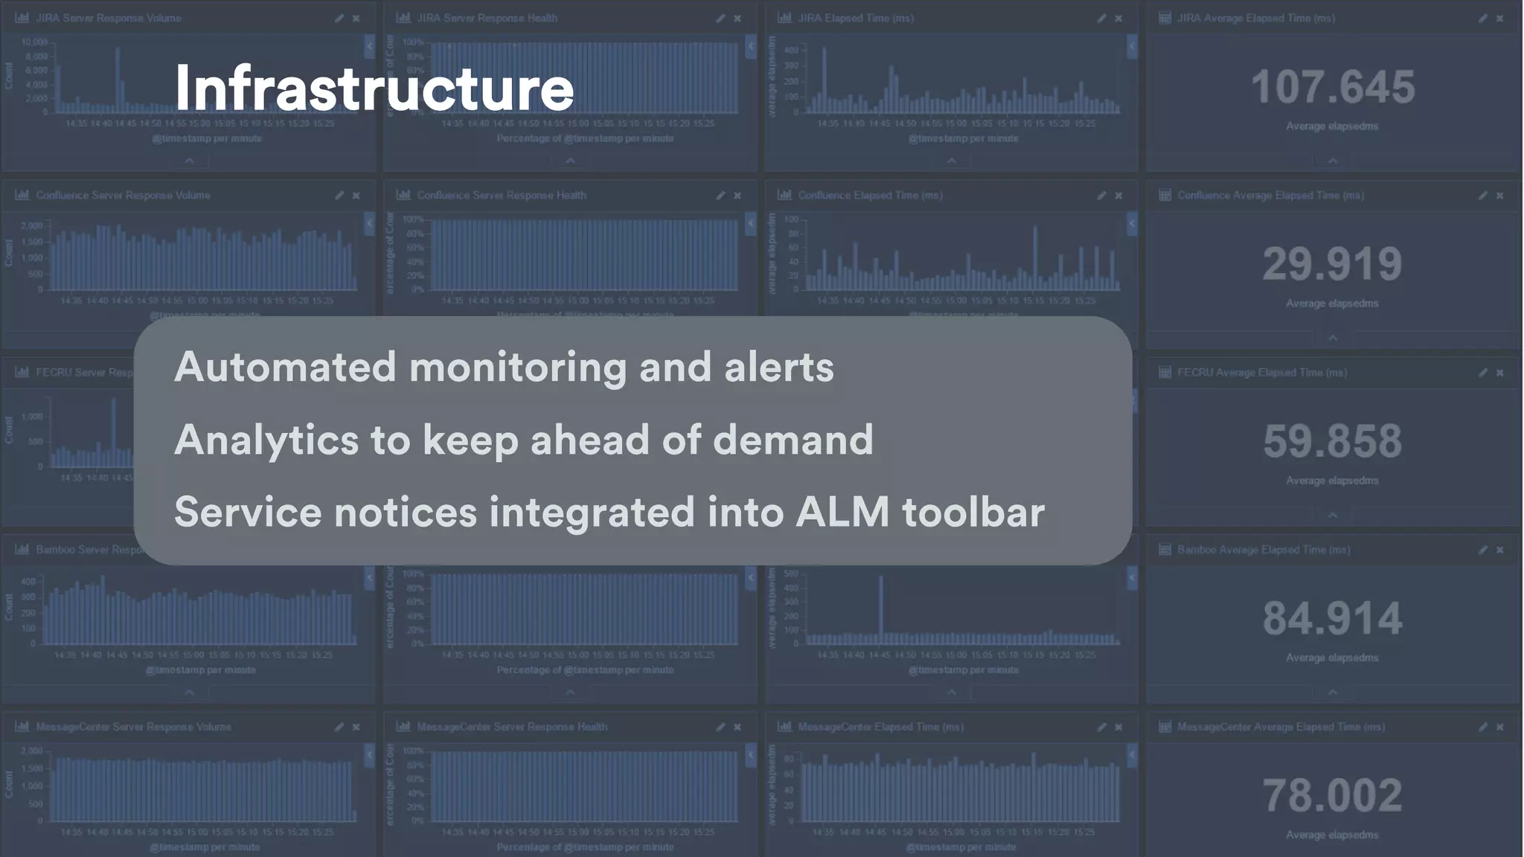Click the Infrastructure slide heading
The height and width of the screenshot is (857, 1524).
click(x=374, y=89)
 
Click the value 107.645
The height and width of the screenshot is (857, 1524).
click(x=1332, y=87)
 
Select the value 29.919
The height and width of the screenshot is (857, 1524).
click(x=1332, y=264)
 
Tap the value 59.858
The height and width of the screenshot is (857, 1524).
click(x=1332, y=441)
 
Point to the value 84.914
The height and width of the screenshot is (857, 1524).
click(x=1332, y=618)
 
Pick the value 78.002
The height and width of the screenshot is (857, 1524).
click(x=1332, y=795)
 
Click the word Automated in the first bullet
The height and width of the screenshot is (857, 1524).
click(x=285, y=367)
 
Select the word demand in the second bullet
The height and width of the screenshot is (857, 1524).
click(x=793, y=440)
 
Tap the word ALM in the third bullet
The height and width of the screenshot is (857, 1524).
click(x=842, y=513)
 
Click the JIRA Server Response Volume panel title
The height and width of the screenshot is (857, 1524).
click(x=109, y=18)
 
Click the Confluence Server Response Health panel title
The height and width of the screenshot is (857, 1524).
click(x=502, y=195)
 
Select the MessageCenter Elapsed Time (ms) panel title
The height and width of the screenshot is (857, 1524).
click(x=880, y=727)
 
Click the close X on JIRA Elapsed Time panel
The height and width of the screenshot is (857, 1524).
click(x=1118, y=19)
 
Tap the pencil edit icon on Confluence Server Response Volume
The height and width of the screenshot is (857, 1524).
click(x=339, y=196)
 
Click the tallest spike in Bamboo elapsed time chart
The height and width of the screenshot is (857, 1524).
click(x=881, y=606)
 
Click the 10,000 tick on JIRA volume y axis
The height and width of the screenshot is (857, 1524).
click(x=34, y=42)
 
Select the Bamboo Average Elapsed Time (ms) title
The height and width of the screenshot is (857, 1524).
click(x=1264, y=550)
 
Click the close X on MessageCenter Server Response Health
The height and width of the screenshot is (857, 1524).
click(x=737, y=727)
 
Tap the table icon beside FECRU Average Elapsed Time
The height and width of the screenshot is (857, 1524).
click(x=1165, y=372)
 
